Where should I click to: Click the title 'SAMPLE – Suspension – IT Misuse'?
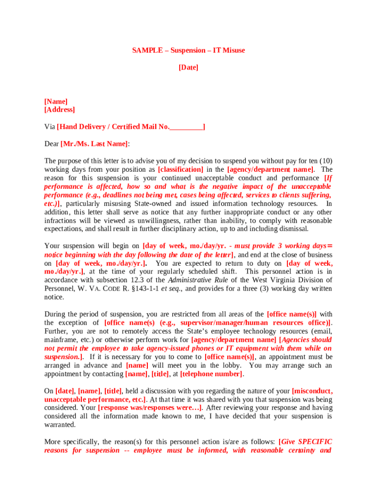click(188, 50)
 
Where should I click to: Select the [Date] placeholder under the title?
click(188, 68)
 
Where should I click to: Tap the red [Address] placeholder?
click(60, 110)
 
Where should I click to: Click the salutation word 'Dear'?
click(51, 144)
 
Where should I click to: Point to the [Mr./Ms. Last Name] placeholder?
click(94, 144)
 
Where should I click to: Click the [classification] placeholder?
click(181, 169)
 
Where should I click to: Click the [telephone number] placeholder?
click(211, 374)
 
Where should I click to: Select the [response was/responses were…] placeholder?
click(150, 408)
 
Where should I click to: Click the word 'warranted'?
click(59, 425)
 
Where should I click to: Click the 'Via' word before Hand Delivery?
click(49, 127)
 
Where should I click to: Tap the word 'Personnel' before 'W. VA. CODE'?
click(58, 289)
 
